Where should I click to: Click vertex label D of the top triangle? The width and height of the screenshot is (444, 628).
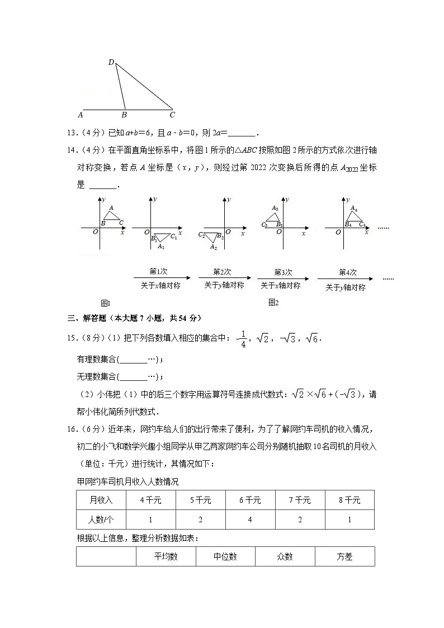111,62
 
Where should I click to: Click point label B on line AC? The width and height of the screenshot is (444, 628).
124,115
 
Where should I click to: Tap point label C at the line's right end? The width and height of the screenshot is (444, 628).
172,115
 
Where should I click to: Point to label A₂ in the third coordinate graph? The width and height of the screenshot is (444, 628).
213,247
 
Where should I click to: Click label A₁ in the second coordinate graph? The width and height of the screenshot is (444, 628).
161,246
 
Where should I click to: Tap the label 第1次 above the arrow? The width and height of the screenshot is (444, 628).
158,272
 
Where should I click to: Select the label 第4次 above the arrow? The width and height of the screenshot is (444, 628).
347,272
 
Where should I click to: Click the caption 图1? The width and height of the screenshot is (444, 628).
106,303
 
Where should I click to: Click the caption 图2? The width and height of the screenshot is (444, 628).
273,303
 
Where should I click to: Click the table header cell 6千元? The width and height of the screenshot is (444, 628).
250,500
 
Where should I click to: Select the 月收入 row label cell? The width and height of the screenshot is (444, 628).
101,500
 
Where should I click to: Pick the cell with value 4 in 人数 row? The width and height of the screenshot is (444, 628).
250,520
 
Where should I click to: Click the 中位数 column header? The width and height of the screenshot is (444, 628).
225,556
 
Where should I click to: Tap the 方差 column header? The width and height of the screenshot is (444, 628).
344,556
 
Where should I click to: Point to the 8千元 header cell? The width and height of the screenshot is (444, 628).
349,500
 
